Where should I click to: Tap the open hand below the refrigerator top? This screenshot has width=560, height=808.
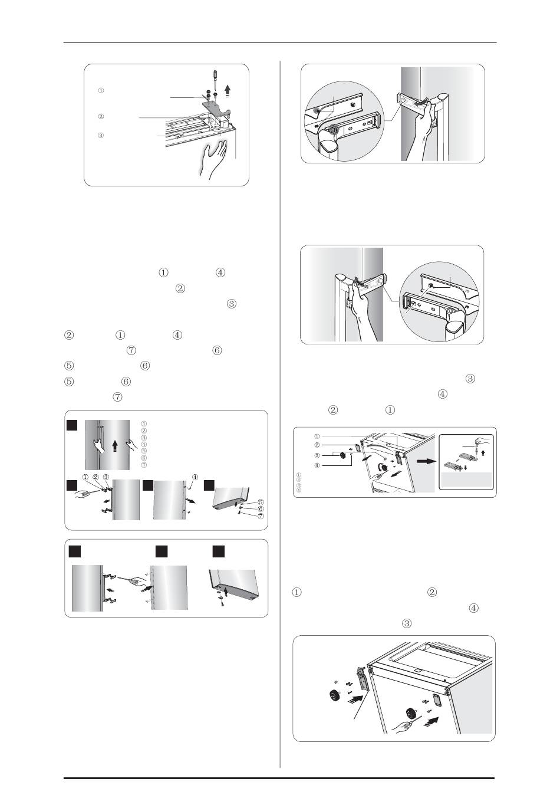(214, 160)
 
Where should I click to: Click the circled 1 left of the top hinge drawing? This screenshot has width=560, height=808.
(101, 91)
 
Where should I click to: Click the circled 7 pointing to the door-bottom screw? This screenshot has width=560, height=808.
(261, 516)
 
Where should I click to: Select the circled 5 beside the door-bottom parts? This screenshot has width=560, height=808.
(261, 501)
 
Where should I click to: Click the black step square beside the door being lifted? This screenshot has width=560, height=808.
(72, 426)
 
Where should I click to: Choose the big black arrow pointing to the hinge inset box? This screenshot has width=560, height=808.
(426, 462)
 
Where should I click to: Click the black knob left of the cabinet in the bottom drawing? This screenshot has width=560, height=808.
(335, 695)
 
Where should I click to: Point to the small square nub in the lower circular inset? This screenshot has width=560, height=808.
(430, 285)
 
